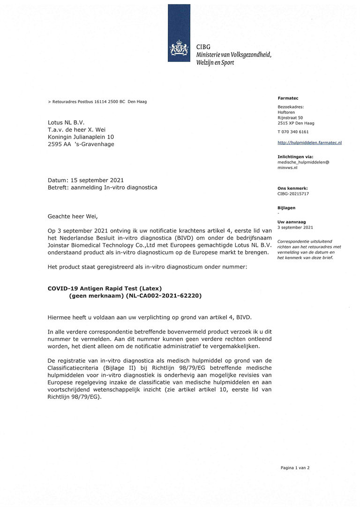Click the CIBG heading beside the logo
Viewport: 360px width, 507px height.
coord(203,47)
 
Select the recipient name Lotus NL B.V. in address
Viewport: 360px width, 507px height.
coord(66,122)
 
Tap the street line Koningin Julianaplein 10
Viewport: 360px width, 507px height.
coord(81,137)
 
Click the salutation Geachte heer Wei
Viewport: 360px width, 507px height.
coord(73,216)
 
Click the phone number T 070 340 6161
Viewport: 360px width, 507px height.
coord(293,132)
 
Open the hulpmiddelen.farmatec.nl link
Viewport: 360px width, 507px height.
coord(309,142)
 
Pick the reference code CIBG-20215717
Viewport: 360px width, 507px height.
coord(293,194)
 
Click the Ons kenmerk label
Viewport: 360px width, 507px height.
coord(292,188)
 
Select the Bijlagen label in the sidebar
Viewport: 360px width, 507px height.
coord(286,208)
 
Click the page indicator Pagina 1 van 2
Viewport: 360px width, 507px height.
coord(295,467)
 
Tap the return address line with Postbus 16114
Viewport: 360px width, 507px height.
coord(97,102)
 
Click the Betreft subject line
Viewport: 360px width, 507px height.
coord(102,187)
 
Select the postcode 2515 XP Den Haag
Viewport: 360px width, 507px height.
coord(296,123)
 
